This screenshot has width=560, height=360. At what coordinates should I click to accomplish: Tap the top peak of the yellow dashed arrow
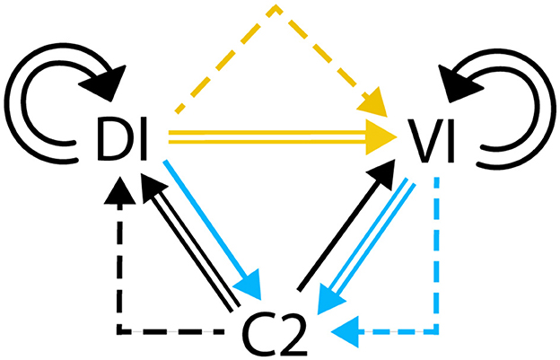click(276, 8)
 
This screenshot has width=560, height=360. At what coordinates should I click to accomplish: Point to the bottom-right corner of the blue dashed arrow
click(435, 332)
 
